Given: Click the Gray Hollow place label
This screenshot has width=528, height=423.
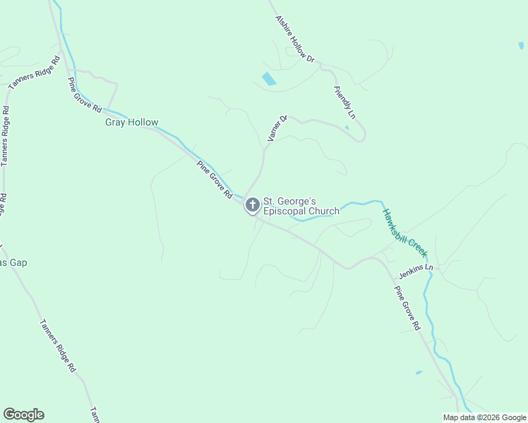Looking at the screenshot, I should [x=132, y=123].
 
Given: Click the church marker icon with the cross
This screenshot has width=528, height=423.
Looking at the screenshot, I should [x=252, y=205].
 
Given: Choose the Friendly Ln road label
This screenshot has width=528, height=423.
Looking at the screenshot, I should [x=345, y=102].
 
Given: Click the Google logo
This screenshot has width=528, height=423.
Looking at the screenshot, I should [x=23, y=415].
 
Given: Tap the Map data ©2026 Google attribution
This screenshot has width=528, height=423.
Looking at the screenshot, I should [x=484, y=417].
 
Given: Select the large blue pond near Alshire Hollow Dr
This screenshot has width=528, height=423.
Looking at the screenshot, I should [x=268, y=79].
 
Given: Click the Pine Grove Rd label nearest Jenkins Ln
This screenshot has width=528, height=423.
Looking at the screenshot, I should [x=407, y=309].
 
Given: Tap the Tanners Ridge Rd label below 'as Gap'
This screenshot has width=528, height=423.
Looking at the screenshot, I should [x=58, y=346].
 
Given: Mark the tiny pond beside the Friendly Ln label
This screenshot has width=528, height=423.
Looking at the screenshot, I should [x=347, y=128].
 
